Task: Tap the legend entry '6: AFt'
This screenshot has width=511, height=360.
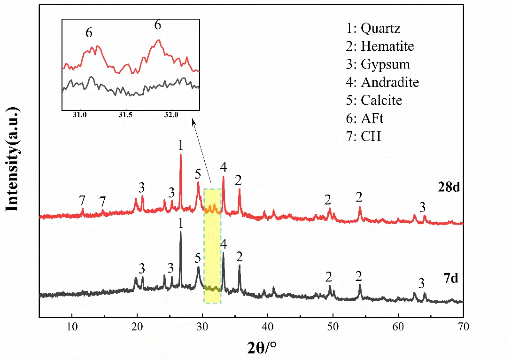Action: (365, 118)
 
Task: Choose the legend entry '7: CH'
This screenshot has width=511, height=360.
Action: (364, 137)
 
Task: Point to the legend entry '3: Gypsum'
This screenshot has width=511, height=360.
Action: (378, 64)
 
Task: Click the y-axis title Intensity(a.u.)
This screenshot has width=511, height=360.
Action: (13, 160)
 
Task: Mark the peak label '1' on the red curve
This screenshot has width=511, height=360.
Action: (181, 146)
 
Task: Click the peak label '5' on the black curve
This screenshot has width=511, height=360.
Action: (198, 258)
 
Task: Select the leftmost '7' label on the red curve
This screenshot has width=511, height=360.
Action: (82, 201)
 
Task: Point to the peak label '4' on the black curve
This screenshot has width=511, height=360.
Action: (223, 244)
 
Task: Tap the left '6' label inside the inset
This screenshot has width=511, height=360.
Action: (89, 33)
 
